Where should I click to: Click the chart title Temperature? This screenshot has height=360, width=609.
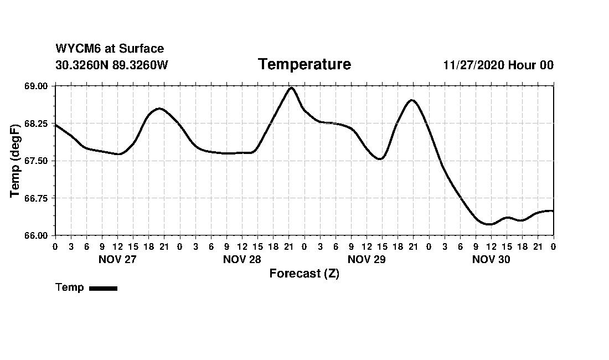pyautogui.click(x=304, y=65)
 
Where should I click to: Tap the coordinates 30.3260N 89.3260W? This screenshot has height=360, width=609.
pyautogui.click(x=112, y=65)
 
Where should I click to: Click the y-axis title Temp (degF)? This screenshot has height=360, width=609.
pyautogui.click(x=16, y=161)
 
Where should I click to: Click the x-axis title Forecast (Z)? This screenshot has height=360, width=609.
pyautogui.click(x=304, y=274)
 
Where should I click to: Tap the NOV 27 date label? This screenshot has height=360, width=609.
pyautogui.click(x=117, y=259)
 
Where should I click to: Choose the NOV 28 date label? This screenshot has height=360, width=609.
pyautogui.click(x=242, y=259)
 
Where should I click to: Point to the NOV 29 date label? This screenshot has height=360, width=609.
pyautogui.click(x=367, y=259)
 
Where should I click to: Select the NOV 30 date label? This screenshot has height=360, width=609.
pyautogui.click(x=491, y=259)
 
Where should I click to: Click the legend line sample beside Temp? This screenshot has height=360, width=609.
pyautogui.click(x=103, y=288)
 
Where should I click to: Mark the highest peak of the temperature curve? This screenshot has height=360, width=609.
pyautogui.click(x=291, y=88)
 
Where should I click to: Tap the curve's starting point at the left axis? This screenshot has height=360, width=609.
pyautogui.click(x=55, y=125)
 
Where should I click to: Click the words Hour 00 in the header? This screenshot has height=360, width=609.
pyautogui.click(x=531, y=65)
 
